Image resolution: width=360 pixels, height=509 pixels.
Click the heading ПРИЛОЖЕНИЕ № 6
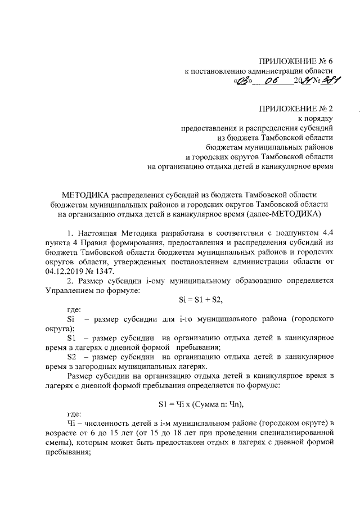tap(296, 61)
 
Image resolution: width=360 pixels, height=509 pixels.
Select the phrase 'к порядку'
tap(317, 118)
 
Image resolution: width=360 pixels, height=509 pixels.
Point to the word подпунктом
tap(290, 232)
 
